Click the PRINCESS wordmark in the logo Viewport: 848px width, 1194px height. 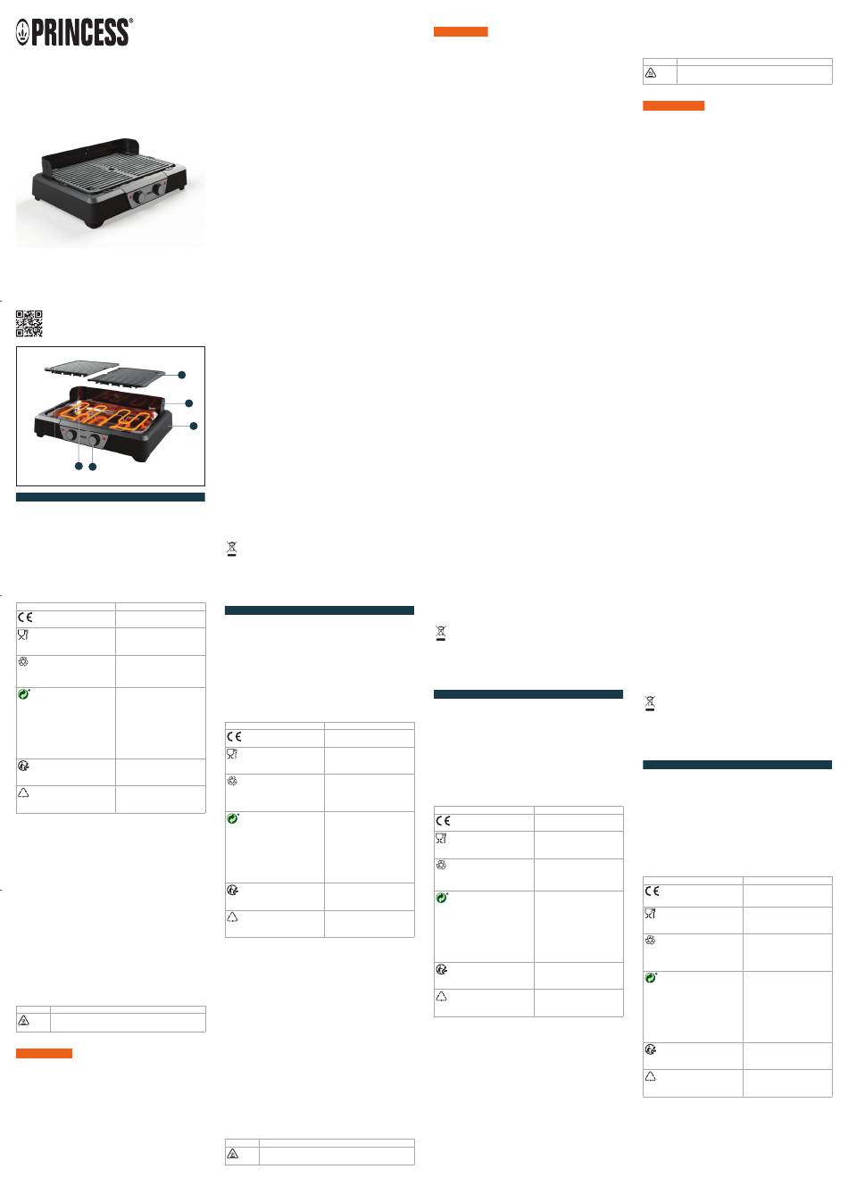coord(80,32)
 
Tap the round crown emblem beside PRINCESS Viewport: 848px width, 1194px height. coord(22,32)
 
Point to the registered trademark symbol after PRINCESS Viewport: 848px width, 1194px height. coord(131,21)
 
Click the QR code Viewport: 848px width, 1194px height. coord(29,324)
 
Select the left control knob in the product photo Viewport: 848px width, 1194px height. coord(138,197)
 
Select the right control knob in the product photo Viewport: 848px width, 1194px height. coord(159,188)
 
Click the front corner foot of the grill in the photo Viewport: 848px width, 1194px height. coord(94,222)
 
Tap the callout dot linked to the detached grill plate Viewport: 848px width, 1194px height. coord(182,375)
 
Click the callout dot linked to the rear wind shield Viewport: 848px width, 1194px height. coord(189,403)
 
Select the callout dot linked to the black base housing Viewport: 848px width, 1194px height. coord(194,426)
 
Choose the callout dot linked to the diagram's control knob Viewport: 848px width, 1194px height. coord(93,467)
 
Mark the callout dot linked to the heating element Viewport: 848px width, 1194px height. coord(79,467)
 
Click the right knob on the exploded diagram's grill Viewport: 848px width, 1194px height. coord(95,440)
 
